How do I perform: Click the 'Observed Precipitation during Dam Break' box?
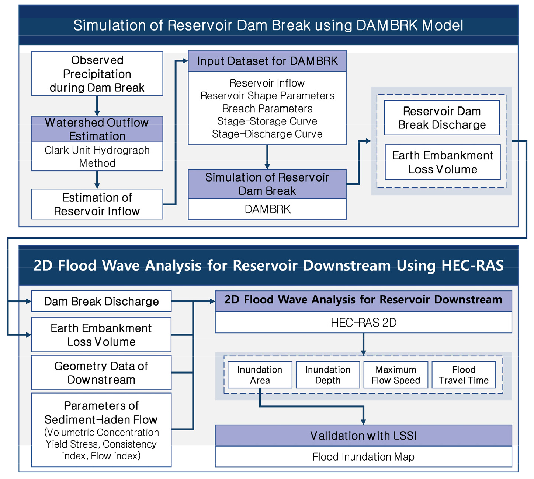tap(97, 73)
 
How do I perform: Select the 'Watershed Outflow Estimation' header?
tap(97, 129)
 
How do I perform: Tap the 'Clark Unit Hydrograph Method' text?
tap(97, 156)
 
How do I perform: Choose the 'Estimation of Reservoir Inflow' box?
tap(97, 204)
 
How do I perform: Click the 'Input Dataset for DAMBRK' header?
tap(267, 61)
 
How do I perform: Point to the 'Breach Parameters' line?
tap(267, 109)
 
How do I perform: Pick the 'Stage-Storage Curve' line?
tap(267, 121)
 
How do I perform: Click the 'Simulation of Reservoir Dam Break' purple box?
tap(267, 184)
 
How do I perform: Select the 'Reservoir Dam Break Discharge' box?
tap(442, 118)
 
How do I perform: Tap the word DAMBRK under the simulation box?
tap(267, 209)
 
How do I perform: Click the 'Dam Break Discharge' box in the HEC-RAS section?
tap(101, 301)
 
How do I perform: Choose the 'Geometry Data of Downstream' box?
tap(101, 372)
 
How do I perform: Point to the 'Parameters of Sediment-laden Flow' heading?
tap(101, 412)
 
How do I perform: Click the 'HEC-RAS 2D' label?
tap(364, 323)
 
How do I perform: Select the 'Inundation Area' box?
tap(260, 374)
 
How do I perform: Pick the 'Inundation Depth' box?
tap(327, 374)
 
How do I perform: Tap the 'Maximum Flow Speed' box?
tap(396, 374)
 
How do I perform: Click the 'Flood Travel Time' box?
tap(464, 374)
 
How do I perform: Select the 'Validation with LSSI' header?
tap(364, 435)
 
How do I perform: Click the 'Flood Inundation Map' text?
tap(364, 457)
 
